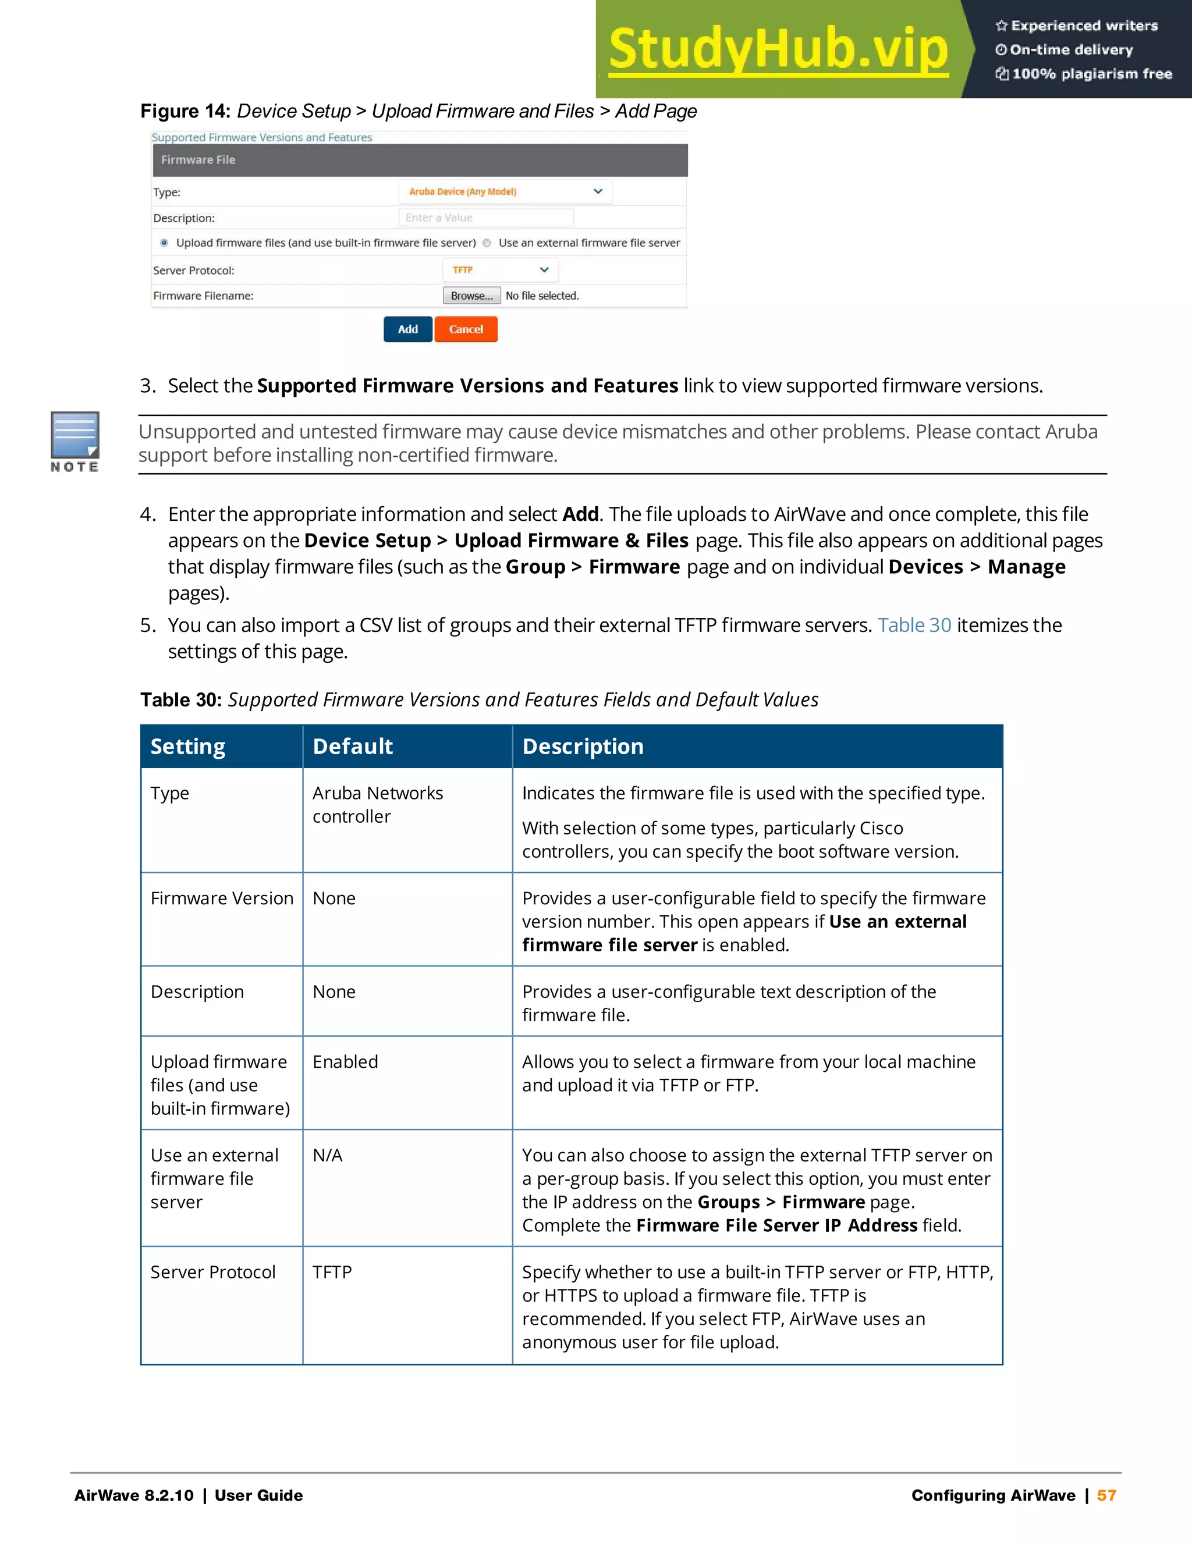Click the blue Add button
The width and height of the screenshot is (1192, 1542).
pyautogui.click(x=407, y=329)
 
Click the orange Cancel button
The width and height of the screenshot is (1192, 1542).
pyautogui.click(x=466, y=329)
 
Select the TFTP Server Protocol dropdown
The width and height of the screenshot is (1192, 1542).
pyautogui.click(x=501, y=270)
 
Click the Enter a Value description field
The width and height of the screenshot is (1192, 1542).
pyautogui.click(x=486, y=218)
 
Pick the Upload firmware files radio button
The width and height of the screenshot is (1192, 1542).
pyautogui.click(x=164, y=243)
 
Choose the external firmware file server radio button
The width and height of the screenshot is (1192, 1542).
pyautogui.click(x=487, y=243)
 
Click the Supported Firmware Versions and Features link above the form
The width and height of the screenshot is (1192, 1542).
pyautogui.click(x=262, y=137)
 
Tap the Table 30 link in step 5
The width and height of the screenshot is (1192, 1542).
pyautogui.click(x=914, y=625)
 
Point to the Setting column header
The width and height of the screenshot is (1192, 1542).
pyautogui.click(x=188, y=747)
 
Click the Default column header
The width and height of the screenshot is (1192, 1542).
pyautogui.click(x=352, y=747)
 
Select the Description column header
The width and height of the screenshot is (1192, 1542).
pyautogui.click(x=583, y=747)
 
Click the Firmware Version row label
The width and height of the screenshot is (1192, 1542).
pyautogui.click(x=222, y=898)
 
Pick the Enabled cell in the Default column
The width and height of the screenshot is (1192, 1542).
pyautogui.click(x=345, y=1062)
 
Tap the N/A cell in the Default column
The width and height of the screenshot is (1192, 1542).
pyautogui.click(x=328, y=1155)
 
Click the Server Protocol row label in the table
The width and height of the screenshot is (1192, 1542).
pyautogui.click(x=212, y=1272)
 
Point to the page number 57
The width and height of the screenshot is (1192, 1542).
pyautogui.click(x=1106, y=1495)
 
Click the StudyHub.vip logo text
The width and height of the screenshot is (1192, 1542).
pyautogui.click(x=778, y=49)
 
